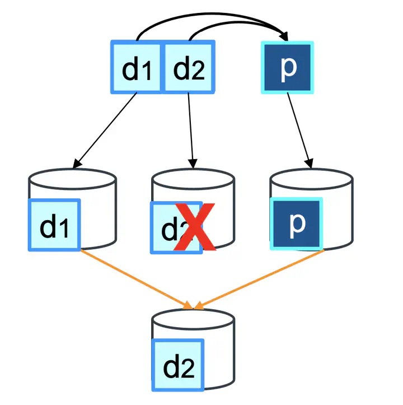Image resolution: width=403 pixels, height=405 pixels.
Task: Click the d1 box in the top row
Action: [x=136, y=66]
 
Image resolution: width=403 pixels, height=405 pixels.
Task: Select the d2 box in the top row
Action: [x=189, y=66]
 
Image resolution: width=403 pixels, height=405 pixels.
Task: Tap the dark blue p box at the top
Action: [x=287, y=67]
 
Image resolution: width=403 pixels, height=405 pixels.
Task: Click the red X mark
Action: [x=194, y=226]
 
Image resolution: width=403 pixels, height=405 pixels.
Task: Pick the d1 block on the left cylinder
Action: [x=54, y=224]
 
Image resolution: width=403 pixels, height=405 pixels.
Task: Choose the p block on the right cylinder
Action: [x=297, y=223]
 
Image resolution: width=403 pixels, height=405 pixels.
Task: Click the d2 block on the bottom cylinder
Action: [x=178, y=366]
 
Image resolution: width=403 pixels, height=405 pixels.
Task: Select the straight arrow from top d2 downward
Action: [x=190, y=129]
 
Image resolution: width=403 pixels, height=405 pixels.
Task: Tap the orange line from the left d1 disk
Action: [x=134, y=277]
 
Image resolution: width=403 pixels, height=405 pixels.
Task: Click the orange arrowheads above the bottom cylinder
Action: [x=194, y=305]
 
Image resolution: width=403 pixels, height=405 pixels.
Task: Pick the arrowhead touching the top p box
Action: [x=284, y=35]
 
